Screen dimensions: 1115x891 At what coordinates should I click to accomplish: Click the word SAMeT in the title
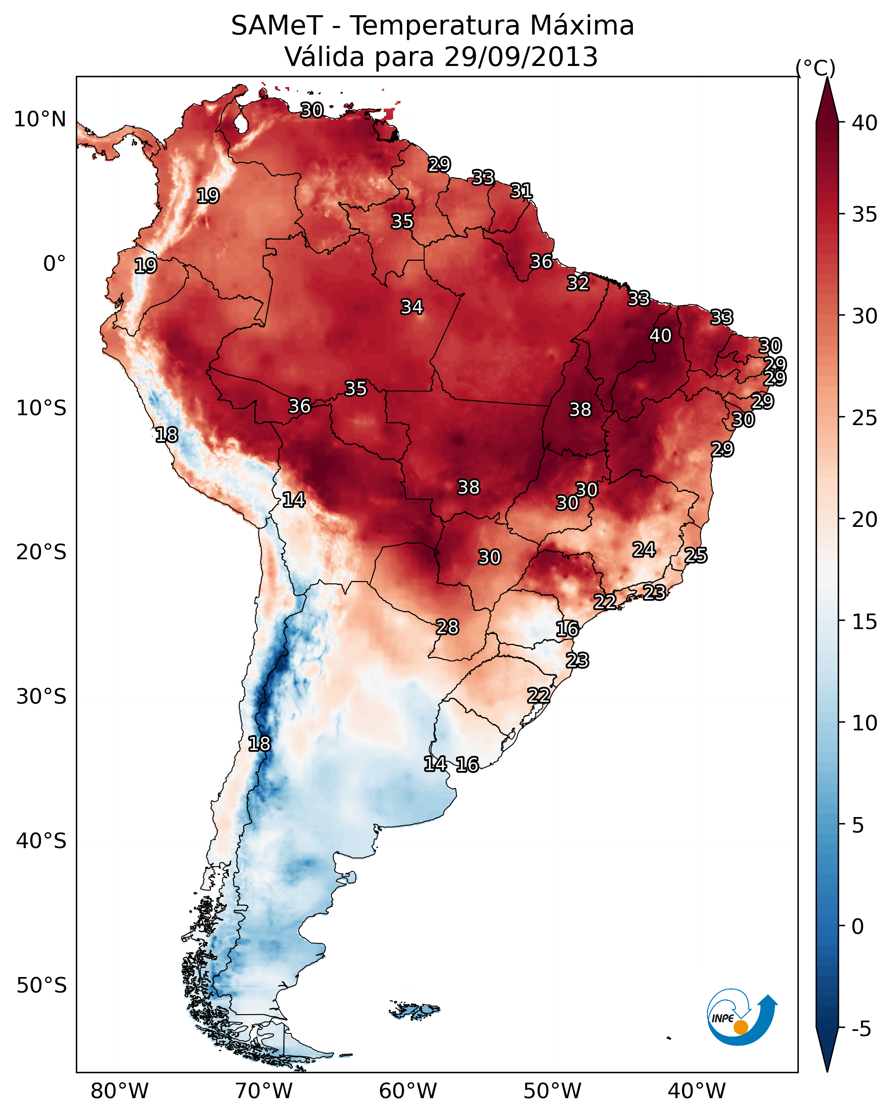click(x=277, y=26)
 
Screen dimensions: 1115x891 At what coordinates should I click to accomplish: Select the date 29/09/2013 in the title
click(x=521, y=57)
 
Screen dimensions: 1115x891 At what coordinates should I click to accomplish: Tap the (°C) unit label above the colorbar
click(x=816, y=68)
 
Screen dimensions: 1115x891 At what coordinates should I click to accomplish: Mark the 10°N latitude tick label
click(x=40, y=119)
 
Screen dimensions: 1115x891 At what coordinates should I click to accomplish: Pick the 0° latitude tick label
click(x=54, y=264)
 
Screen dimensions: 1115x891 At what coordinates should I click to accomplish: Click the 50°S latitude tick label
click(x=41, y=986)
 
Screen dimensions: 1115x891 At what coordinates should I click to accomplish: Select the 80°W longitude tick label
click(x=119, y=1091)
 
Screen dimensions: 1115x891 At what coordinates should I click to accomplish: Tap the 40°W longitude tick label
click(x=697, y=1091)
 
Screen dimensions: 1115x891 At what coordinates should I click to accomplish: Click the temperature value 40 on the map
click(x=660, y=335)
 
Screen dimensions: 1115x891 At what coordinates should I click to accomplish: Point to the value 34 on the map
click(x=412, y=307)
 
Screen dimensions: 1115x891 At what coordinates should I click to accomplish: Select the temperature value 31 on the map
click(x=521, y=191)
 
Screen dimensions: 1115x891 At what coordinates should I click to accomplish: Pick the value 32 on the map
click(x=578, y=283)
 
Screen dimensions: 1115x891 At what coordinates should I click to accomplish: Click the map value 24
click(x=644, y=549)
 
